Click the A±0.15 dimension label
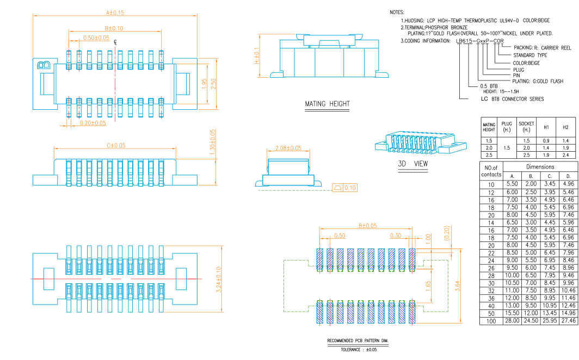click(x=115, y=12)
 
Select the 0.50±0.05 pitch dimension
click(x=96, y=38)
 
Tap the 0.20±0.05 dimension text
click(x=93, y=123)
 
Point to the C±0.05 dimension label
click(x=116, y=145)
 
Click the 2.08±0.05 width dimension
click(x=288, y=148)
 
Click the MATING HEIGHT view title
click(x=327, y=104)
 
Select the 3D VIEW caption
click(x=413, y=164)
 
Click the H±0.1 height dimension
click(x=257, y=55)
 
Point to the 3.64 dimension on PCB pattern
click(x=458, y=285)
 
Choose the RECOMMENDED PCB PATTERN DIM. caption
click(x=359, y=341)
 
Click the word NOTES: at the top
click(x=397, y=11)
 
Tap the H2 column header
click(x=565, y=127)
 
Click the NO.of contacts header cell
click(x=491, y=171)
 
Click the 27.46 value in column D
click(x=568, y=321)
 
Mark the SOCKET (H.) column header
click(x=526, y=127)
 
